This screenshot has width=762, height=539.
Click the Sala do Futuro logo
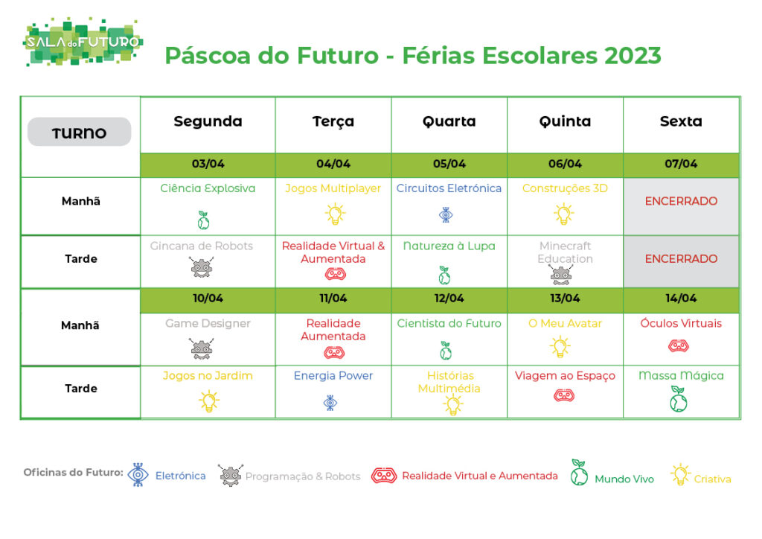coord(83,42)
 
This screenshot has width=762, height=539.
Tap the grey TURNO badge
coord(79,132)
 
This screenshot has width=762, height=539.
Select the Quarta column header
coord(449,121)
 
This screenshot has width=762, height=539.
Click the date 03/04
coord(208,164)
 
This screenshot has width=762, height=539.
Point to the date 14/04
coord(681,298)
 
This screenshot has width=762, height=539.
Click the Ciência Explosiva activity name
coord(208,188)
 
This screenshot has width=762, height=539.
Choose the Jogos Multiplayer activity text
coord(333,188)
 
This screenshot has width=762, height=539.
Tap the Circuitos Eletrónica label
coord(449,188)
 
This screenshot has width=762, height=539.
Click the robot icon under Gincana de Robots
coord(202,267)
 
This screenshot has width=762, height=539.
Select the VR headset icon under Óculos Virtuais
coord(679,346)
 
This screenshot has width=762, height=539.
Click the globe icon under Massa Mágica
coord(679,399)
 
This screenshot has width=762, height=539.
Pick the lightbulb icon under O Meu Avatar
coord(560,346)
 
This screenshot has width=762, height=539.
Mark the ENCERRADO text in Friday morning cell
coord(681,201)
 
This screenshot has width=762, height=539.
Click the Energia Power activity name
coord(333,376)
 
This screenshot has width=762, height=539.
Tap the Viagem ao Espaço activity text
coord(565,376)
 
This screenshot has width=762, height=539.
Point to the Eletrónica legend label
coord(180,476)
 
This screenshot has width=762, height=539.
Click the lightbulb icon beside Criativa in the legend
coord(680,474)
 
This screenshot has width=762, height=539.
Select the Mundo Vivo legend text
coord(624,479)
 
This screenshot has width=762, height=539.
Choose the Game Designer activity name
coord(208,324)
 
